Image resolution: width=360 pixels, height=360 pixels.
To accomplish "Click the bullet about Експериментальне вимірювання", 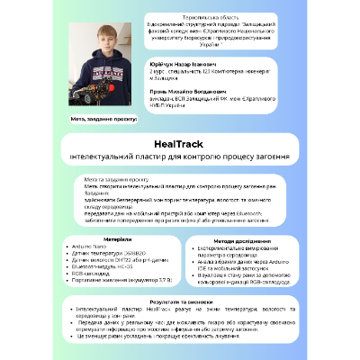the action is click(238, 248).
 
